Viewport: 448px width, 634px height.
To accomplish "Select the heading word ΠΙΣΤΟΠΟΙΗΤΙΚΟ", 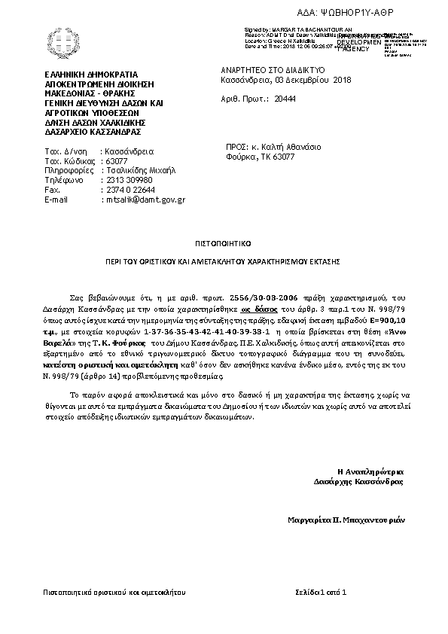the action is pyautogui.click(x=224, y=244).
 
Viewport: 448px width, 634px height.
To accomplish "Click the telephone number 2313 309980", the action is pyautogui.click(x=128, y=181).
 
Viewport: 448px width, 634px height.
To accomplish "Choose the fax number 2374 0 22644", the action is pyautogui.click(x=130, y=191).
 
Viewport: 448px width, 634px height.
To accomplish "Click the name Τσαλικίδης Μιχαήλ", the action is pyautogui.click(x=140, y=171).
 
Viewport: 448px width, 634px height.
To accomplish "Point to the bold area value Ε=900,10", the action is pyautogui.click(x=384, y=319).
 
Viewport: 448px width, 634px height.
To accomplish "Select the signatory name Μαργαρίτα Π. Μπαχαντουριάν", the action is pyautogui.click(x=346, y=520).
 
